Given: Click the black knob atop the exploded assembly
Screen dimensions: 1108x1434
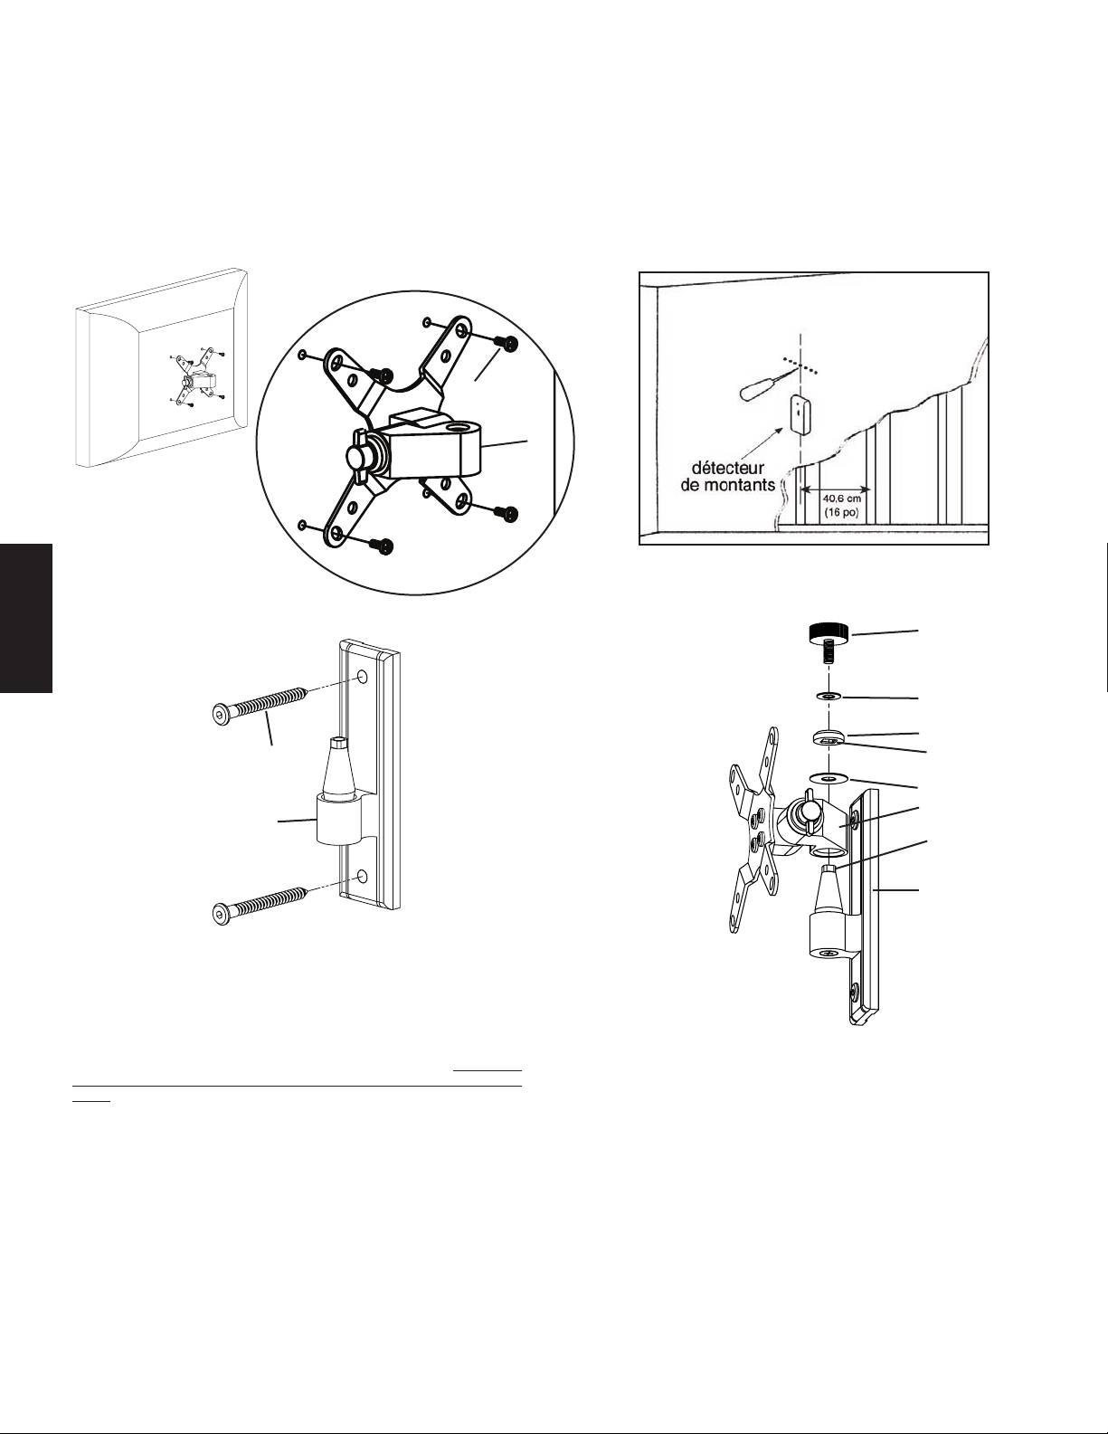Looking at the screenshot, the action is (828, 632).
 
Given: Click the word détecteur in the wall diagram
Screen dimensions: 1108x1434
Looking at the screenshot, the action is (727, 468).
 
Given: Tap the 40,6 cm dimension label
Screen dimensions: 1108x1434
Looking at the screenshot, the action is (841, 499).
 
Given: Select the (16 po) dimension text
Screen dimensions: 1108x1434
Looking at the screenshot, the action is (841, 512).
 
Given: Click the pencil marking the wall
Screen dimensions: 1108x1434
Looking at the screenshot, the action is (768, 385).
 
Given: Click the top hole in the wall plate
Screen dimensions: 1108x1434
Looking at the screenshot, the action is (362, 678).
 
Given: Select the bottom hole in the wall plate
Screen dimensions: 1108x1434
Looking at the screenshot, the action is (362, 877).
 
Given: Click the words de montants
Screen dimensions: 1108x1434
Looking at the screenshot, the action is (727, 485).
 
